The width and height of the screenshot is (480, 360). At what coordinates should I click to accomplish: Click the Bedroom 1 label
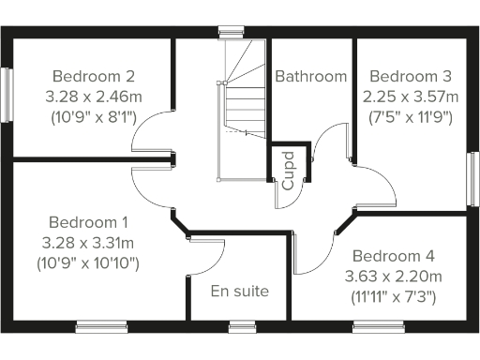pyautogui.click(x=88, y=223)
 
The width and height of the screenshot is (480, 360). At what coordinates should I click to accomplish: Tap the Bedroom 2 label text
pyautogui.click(x=93, y=76)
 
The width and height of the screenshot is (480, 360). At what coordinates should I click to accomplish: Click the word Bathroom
pyautogui.click(x=310, y=76)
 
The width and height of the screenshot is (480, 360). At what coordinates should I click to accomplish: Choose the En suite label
pyautogui.click(x=239, y=292)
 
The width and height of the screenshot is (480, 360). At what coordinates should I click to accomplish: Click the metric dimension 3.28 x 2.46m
pyautogui.click(x=93, y=97)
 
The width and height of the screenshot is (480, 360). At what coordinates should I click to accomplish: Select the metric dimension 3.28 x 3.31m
pyautogui.click(x=88, y=244)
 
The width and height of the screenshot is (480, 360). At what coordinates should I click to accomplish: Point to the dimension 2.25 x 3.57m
pyautogui.click(x=411, y=97)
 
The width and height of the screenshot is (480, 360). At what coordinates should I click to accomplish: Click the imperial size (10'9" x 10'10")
pyautogui.click(x=88, y=264)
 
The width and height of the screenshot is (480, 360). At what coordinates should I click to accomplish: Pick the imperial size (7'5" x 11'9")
pyautogui.click(x=411, y=117)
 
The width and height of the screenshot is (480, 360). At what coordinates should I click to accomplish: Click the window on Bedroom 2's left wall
pyautogui.click(x=7, y=94)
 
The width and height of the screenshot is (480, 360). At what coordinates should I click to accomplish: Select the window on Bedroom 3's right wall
pyautogui.click(x=472, y=177)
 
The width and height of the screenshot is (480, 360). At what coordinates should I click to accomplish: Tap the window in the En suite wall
pyautogui.click(x=242, y=325)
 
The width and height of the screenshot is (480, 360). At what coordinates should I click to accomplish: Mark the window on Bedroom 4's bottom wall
pyautogui.click(x=378, y=325)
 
